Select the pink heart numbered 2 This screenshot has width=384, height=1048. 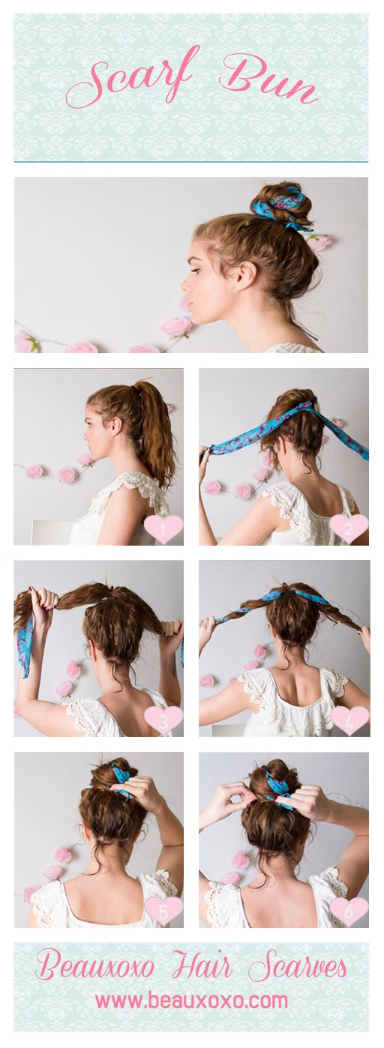349,528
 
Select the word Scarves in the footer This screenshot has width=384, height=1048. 297,966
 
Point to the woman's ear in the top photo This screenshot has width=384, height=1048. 245,276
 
